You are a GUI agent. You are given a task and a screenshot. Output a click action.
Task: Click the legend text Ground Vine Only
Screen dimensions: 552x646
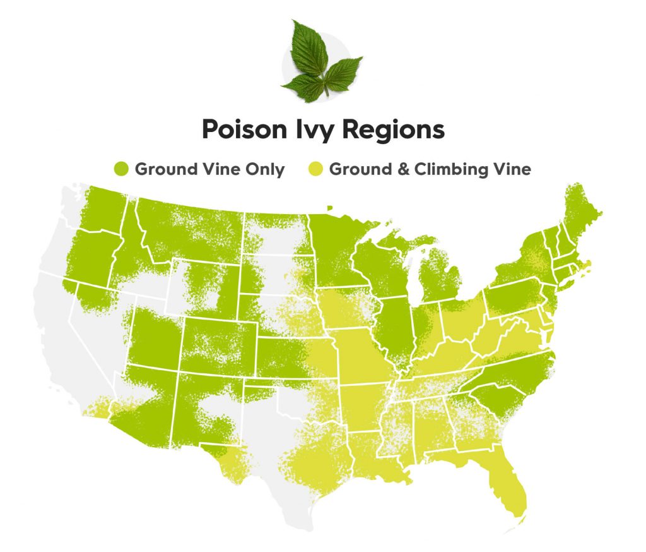209,169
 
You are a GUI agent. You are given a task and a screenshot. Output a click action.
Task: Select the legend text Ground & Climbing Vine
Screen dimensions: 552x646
430,169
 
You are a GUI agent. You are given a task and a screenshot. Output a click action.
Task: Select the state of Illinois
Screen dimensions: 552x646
395,328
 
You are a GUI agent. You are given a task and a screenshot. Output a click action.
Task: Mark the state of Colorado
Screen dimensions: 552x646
218,345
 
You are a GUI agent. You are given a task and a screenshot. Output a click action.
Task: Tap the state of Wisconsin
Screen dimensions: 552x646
379,265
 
